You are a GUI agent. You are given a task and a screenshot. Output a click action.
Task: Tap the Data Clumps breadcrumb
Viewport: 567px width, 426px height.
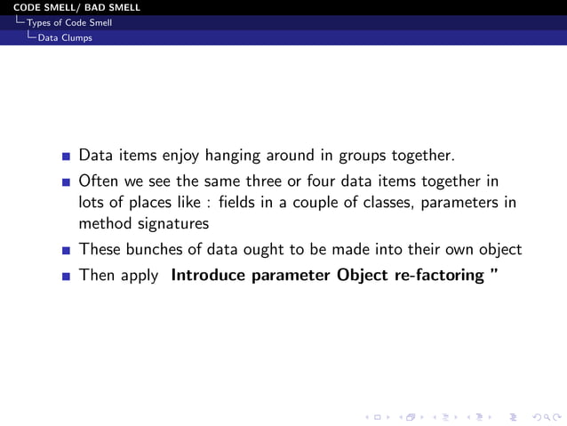[x=64, y=37]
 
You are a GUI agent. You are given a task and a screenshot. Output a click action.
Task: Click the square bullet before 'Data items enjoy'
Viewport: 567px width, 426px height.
[x=66, y=157]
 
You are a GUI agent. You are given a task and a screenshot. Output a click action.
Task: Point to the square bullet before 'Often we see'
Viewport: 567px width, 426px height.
[x=66, y=185]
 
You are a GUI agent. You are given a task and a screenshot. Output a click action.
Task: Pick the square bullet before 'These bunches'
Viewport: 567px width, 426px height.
[x=66, y=251]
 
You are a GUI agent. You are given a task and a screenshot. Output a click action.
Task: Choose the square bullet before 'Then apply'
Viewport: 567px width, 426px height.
[x=66, y=277]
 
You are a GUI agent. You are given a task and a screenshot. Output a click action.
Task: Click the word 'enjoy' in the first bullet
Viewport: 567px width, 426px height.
[x=180, y=157]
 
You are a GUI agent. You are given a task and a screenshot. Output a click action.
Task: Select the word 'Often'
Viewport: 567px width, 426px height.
[x=99, y=183]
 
